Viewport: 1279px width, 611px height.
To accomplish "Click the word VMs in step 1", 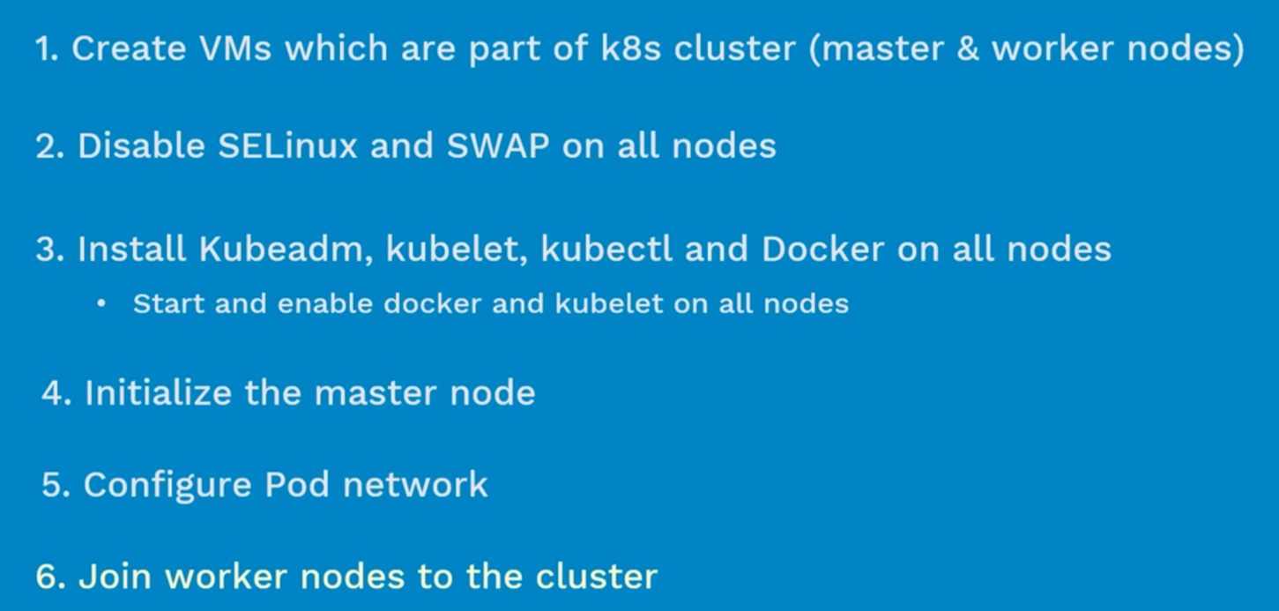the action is pyautogui.click(x=235, y=48).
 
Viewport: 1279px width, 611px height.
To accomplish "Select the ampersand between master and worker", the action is pyautogui.click(x=968, y=48).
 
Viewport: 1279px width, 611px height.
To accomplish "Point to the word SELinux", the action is pyautogui.click(x=287, y=145).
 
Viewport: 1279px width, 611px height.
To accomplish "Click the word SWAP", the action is pyautogui.click(x=498, y=145).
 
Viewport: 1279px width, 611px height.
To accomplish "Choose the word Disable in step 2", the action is pyautogui.click(x=142, y=145).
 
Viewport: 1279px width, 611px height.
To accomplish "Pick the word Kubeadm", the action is pyautogui.click(x=286, y=249).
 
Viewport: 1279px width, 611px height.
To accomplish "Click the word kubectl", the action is pyautogui.click(x=606, y=249).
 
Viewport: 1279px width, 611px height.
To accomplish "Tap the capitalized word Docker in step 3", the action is pyautogui.click(x=822, y=249).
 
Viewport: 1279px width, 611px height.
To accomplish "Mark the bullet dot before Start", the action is pyautogui.click(x=101, y=304).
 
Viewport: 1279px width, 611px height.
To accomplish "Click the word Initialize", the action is pyautogui.click(x=158, y=393).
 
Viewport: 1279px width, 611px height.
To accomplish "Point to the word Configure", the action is pyautogui.click(x=167, y=486).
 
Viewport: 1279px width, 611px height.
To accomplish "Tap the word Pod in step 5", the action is pyautogui.click(x=297, y=485).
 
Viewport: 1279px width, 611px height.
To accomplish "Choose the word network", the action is pyautogui.click(x=415, y=485).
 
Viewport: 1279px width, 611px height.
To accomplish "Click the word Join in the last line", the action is pyautogui.click(x=115, y=576).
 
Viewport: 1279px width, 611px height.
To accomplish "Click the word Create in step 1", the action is pyautogui.click(x=129, y=48).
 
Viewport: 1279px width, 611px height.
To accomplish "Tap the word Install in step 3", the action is pyautogui.click(x=132, y=249).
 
